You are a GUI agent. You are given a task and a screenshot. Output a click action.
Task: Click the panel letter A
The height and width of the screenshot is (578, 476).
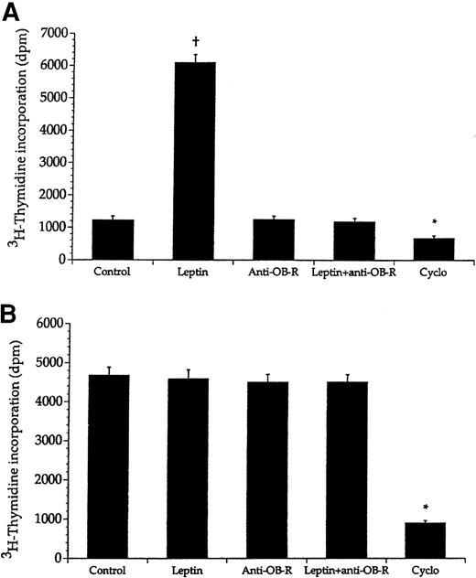[x=13, y=11]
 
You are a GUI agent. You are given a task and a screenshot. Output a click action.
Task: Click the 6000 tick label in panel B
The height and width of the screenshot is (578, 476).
[x=55, y=324]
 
